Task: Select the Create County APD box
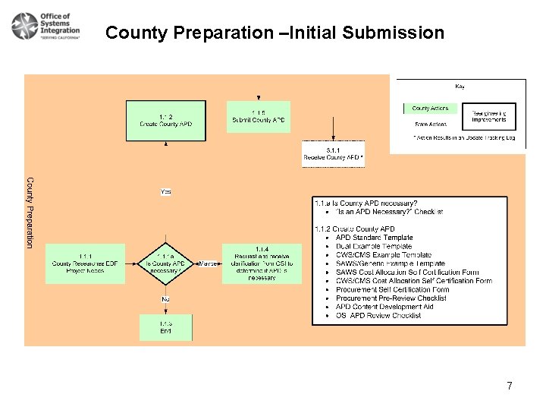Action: pos(165,120)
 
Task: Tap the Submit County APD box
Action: pos(258,117)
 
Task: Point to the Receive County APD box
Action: pos(333,154)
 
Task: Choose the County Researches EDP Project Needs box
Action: pos(85,263)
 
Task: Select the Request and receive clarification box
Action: pos(262,263)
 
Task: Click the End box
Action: pos(165,327)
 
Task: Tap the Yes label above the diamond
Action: pos(166,192)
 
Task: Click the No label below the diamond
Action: pos(165,299)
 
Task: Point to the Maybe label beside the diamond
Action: pos(206,263)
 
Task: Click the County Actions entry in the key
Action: pos(431,109)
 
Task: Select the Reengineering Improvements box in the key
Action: pos(488,116)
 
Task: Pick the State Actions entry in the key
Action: pos(430,124)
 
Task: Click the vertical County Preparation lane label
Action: pos(30,212)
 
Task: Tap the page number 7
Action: pos(510,386)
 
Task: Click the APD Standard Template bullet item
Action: pos(374,238)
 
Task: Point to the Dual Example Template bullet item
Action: pos(374,246)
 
